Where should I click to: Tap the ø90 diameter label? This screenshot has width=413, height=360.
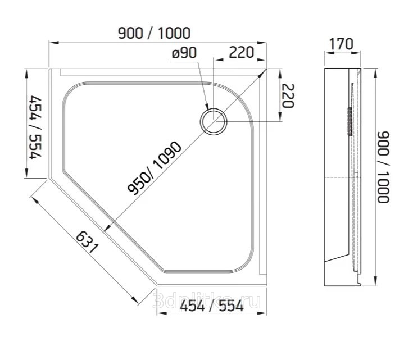point(184,53)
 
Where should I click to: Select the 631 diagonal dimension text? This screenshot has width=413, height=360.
point(87,242)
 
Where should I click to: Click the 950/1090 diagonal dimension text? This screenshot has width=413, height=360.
point(155,168)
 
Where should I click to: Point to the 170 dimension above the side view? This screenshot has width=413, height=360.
point(341,44)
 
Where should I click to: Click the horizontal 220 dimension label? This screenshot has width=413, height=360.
point(241,52)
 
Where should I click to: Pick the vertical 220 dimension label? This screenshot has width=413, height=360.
point(288,96)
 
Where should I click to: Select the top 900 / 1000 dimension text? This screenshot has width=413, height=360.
point(154,33)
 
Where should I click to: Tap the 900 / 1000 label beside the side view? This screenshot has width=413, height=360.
point(383,167)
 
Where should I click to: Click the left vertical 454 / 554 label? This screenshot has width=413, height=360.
point(35,127)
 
